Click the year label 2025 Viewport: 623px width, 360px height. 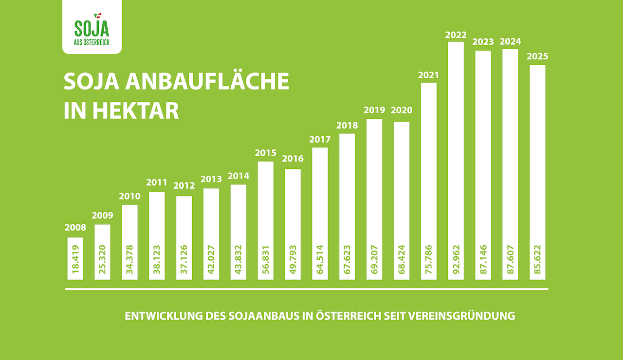[537, 56]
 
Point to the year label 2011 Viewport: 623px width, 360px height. [157, 183]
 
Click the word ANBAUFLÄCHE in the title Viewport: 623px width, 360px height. [207, 82]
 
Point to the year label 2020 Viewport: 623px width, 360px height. [402, 110]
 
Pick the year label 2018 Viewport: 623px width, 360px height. [347, 125]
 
